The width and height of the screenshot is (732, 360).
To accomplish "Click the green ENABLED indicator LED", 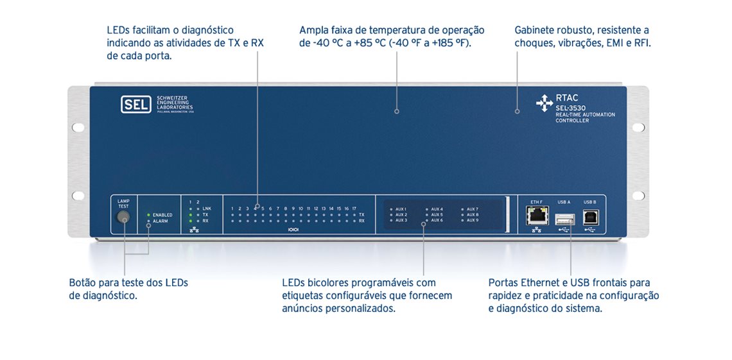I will pyautogui.click(x=148, y=214).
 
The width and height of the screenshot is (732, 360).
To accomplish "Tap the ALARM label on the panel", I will pyautogui.click(x=161, y=221).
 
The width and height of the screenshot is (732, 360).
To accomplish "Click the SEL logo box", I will pyautogui.click(x=135, y=104).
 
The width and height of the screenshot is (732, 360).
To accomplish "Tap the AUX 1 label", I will pyautogui.click(x=401, y=209).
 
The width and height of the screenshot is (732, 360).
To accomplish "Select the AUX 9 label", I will pyautogui.click(x=473, y=220).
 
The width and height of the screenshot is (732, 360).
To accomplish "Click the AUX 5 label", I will pyautogui.click(x=437, y=214).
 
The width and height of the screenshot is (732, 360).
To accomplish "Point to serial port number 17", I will pyautogui.click(x=354, y=209).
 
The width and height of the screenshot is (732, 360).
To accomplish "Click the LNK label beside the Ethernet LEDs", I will pyautogui.click(x=206, y=209).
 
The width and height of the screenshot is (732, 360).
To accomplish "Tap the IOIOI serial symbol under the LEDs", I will pyautogui.click(x=293, y=229).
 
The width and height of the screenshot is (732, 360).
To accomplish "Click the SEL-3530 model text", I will pyautogui.click(x=570, y=108).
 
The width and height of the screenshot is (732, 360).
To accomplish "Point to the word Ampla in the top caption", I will pyautogui.click(x=313, y=30).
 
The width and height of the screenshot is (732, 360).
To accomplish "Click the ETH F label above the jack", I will pyautogui.click(x=536, y=201).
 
